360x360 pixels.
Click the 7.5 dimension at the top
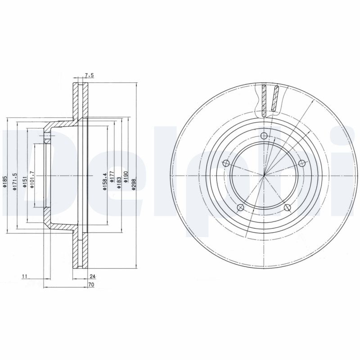[88, 76]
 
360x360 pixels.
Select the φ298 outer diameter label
[134, 183]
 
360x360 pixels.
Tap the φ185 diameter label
[6, 182]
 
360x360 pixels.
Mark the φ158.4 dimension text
[105, 182]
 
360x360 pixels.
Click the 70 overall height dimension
[91, 285]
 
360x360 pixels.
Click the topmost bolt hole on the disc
[264, 137]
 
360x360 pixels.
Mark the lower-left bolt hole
[240, 207]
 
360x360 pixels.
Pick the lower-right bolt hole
[287, 207]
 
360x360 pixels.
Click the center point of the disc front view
[264, 175]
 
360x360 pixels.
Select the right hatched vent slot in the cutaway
[275, 98]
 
